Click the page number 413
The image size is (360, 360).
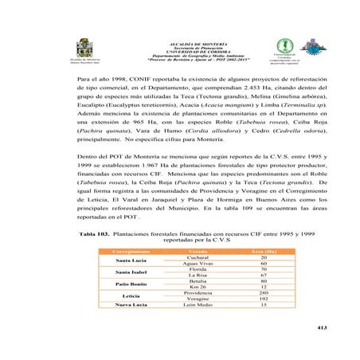pos(321,328)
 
